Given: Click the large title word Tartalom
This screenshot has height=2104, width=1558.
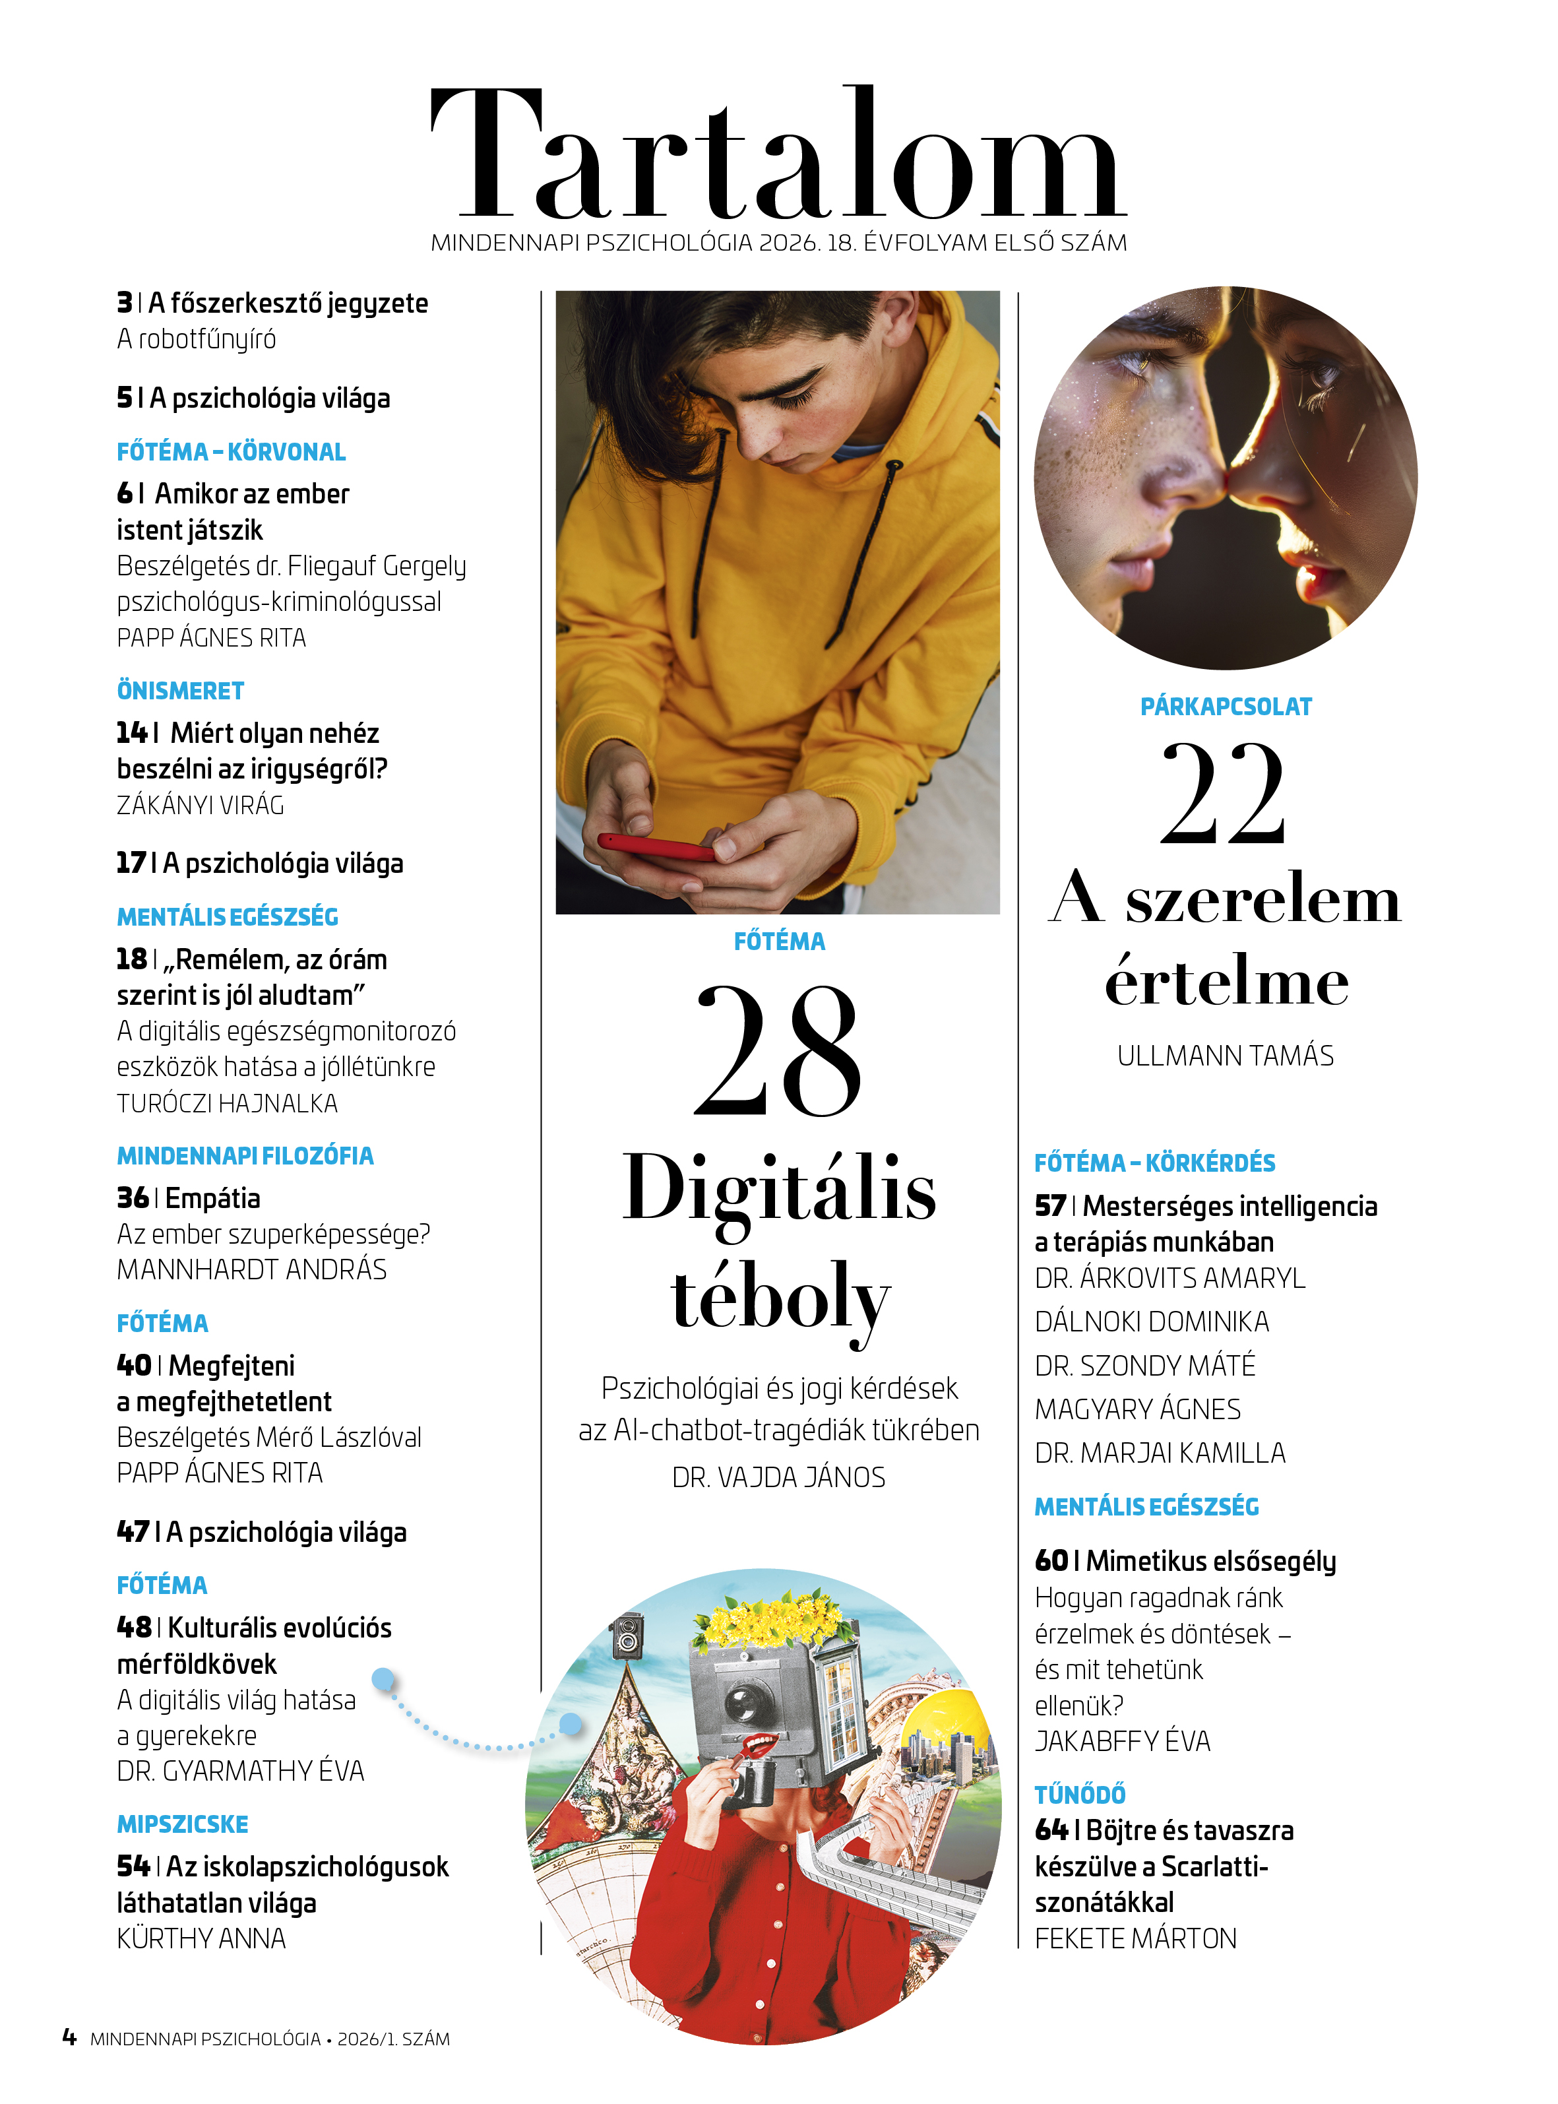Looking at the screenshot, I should [778, 156].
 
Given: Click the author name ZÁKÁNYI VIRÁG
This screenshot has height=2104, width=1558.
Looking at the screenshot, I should [200, 806].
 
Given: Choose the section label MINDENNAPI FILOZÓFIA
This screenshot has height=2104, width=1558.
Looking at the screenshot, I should [245, 1155].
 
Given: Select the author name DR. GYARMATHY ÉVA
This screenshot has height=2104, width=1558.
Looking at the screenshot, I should [241, 1771].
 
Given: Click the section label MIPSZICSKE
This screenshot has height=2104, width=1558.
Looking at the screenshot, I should [182, 1824].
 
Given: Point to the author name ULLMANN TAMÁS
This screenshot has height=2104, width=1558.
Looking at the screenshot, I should [1225, 1056].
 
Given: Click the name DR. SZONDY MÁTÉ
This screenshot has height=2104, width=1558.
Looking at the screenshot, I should [1145, 1366].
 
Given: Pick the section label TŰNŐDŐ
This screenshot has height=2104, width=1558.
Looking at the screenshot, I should [1080, 1795].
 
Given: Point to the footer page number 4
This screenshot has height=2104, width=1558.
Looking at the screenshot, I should [69, 2037].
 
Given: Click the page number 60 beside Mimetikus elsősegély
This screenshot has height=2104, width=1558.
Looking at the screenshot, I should [1051, 1561].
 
